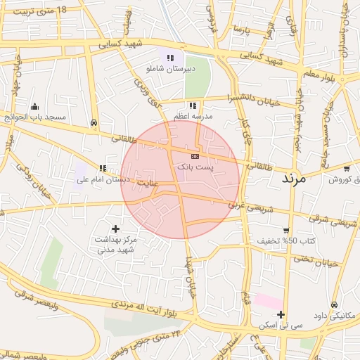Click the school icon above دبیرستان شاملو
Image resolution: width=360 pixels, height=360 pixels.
[170, 57]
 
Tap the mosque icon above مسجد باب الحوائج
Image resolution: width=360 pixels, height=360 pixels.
[35, 106]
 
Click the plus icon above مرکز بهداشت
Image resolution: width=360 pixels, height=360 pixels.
[116, 229]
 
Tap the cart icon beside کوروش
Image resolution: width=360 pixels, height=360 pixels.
[347, 168]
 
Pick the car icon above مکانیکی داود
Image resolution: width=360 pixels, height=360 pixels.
[334, 304]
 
